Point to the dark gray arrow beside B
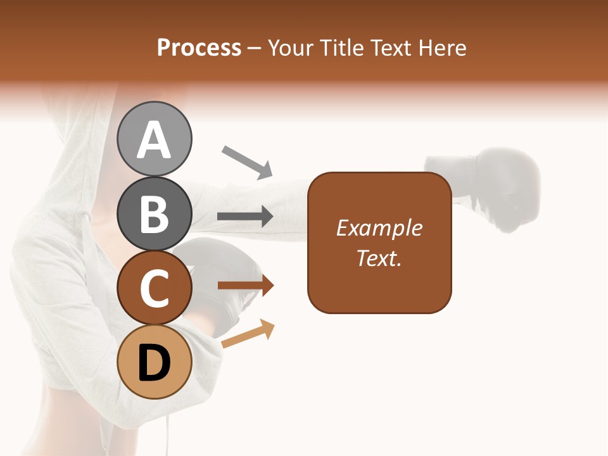(x=245, y=217)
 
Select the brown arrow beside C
(x=246, y=286)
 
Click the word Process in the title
(x=199, y=48)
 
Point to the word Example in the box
(x=379, y=228)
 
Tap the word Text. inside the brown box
(x=379, y=258)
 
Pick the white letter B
(x=154, y=214)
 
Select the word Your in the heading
(x=292, y=48)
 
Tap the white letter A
(x=154, y=140)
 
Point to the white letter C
(x=154, y=289)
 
